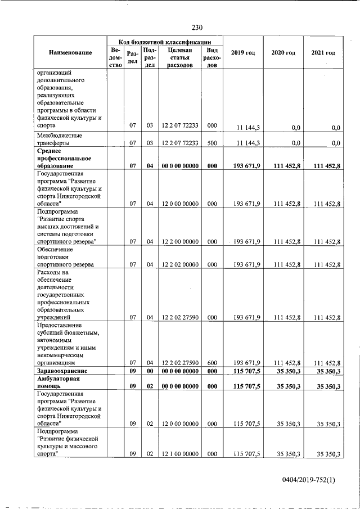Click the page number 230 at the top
click(x=196, y=28)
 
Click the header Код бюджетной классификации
click(x=165, y=41)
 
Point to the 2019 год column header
click(x=243, y=53)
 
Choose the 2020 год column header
click(x=283, y=53)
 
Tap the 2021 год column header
click(x=323, y=53)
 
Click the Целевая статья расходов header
click(x=180, y=57)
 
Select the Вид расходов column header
click(x=212, y=57)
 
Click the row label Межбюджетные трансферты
click(x=59, y=139)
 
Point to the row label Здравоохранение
click(x=62, y=372)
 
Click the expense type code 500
click(x=212, y=143)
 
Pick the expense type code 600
click(x=212, y=363)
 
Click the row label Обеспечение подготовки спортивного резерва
click(x=65, y=256)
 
